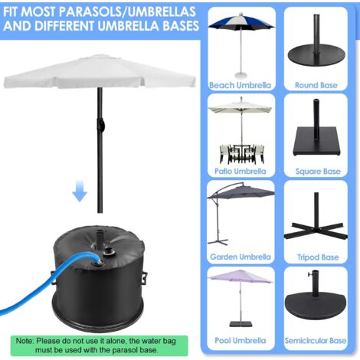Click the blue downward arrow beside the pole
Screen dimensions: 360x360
[80, 191]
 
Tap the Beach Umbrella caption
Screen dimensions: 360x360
[240, 85]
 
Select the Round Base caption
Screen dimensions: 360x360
[316, 85]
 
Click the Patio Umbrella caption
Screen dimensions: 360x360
[240, 172]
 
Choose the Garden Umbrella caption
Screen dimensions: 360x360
[240, 258]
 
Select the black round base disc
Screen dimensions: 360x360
[316, 55]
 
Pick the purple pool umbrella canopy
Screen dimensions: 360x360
[241, 277]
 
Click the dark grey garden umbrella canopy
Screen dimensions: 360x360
[241, 191]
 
